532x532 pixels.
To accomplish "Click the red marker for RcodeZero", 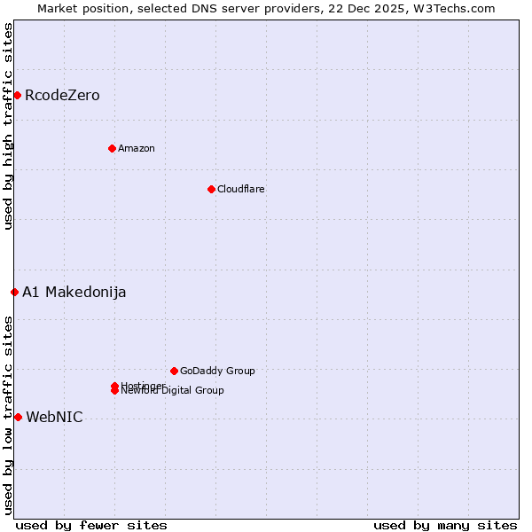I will [17, 95].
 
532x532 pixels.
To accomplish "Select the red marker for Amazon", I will [112, 148].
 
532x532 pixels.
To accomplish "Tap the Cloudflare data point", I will [211, 189].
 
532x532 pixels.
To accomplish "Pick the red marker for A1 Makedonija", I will [14, 292].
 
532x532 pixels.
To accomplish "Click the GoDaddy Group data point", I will [174, 371].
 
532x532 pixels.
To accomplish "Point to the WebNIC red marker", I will [18, 417].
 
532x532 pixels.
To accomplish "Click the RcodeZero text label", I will [62, 95].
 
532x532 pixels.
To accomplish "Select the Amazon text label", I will [137, 148].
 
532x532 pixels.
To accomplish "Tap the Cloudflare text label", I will [241, 189].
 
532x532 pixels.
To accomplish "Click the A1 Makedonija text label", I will [74, 292].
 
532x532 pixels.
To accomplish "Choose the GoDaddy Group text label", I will [217, 371].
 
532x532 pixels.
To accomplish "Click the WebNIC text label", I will [55, 417].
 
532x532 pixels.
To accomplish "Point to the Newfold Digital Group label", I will [174, 391].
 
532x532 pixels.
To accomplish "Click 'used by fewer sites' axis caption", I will [91, 525].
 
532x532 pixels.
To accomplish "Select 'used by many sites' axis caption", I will [445, 525].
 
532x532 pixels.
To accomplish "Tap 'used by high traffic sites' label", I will [8, 126].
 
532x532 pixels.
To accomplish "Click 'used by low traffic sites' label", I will [8, 415].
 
